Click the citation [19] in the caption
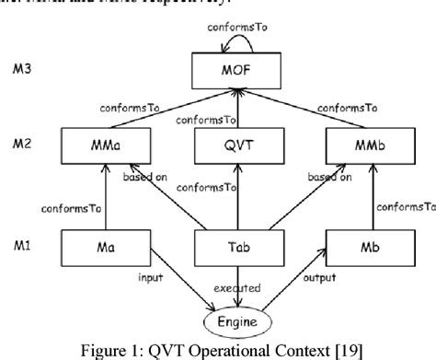point(331,348)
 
